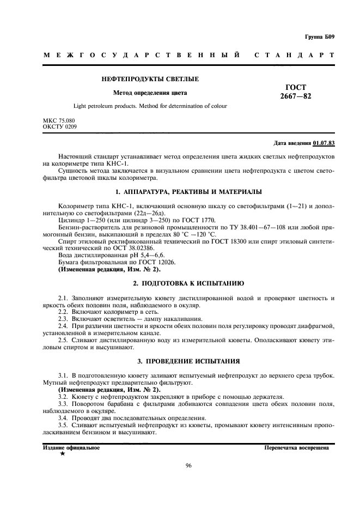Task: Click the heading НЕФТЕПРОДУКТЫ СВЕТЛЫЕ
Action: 150,80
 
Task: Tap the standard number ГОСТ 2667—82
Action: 296,92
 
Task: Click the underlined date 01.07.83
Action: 324,143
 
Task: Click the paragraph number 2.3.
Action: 63,319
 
